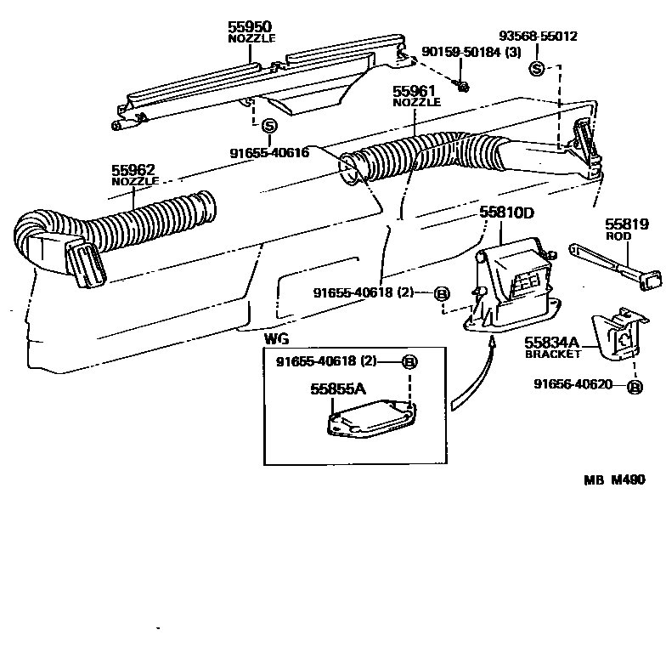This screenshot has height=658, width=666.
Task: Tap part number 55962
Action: pyautogui.click(x=134, y=170)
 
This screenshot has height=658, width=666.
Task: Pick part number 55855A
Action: pyautogui.click(x=337, y=389)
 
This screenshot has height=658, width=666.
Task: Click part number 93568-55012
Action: pyautogui.click(x=538, y=37)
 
